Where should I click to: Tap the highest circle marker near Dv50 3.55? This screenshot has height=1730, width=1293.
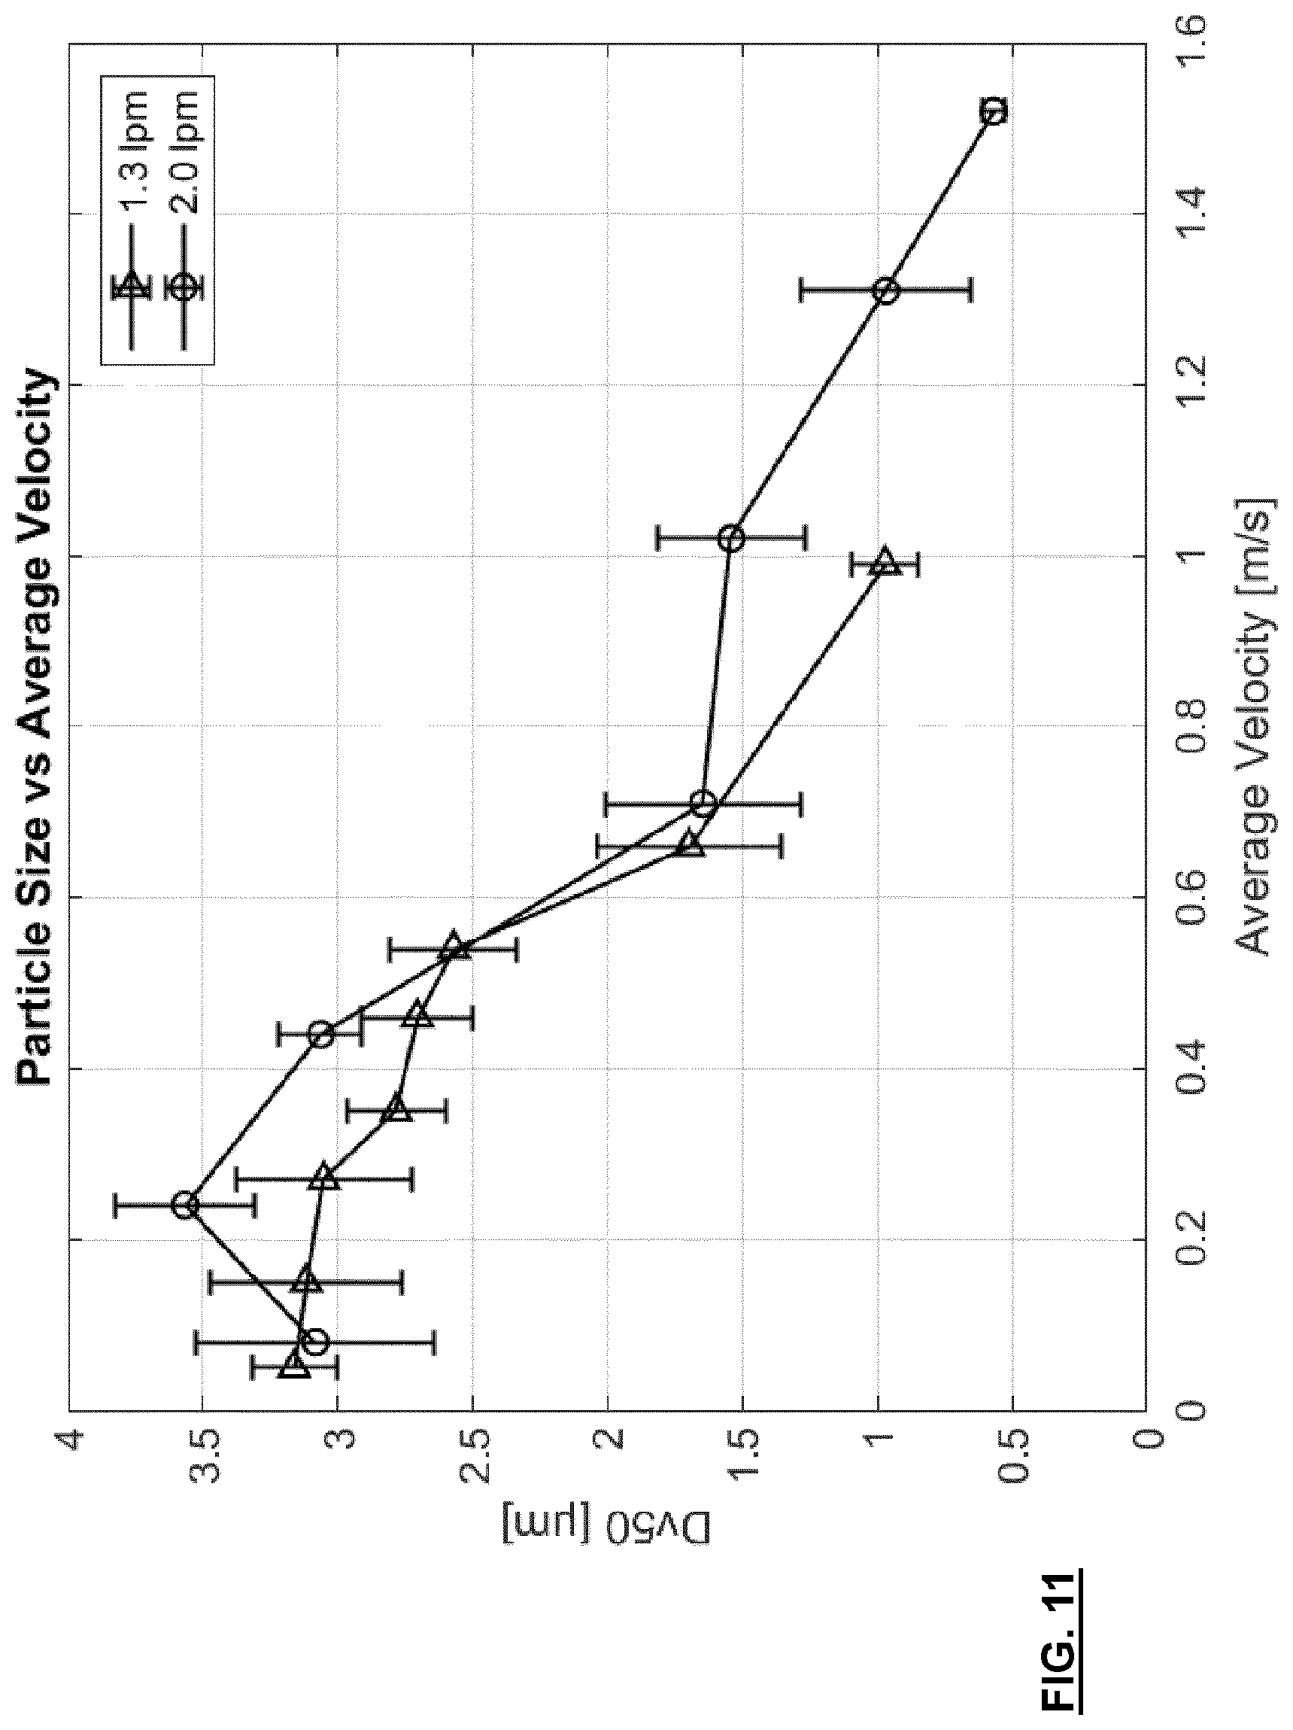(x=185, y=1206)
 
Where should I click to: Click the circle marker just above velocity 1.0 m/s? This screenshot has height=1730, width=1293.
(x=731, y=538)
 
